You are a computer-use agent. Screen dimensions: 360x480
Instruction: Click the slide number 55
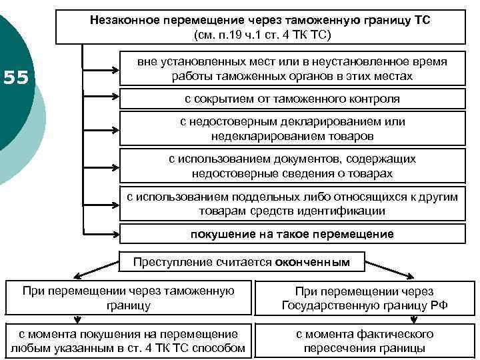[15, 78]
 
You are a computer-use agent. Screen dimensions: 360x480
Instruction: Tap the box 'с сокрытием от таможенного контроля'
[292, 99]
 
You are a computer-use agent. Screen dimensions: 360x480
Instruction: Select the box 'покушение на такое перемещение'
[292, 234]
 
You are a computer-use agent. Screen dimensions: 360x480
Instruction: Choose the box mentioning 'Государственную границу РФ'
[365, 298]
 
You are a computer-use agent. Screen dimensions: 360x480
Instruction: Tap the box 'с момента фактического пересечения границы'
[365, 341]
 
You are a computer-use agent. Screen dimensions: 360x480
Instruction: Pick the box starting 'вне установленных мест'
[292, 69]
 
